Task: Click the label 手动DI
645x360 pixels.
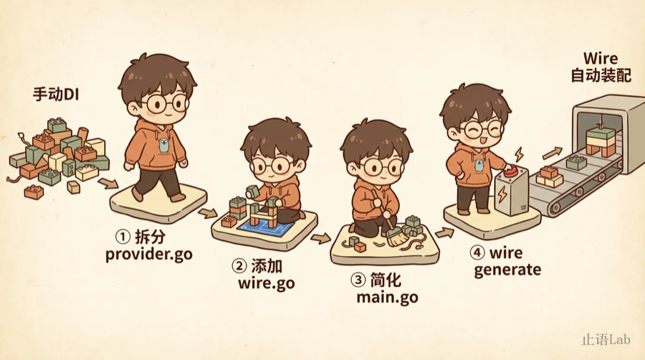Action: (55, 95)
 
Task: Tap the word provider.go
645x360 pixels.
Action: (149, 255)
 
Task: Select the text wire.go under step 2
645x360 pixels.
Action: (266, 284)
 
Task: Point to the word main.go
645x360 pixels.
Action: (387, 297)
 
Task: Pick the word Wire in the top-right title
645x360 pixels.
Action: (601, 58)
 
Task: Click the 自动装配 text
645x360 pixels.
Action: (601, 76)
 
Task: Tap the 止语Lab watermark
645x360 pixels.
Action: (606, 339)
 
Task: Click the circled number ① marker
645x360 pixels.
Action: (122, 237)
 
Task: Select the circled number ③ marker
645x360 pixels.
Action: (358, 280)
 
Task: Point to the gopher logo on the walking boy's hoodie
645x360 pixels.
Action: (163, 146)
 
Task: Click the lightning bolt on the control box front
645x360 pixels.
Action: (502, 194)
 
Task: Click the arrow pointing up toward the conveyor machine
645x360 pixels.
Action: (552, 153)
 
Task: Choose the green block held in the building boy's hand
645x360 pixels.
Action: (252, 191)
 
